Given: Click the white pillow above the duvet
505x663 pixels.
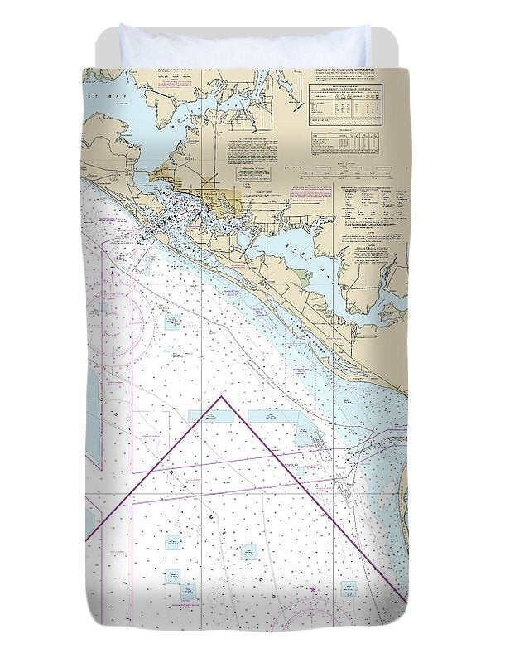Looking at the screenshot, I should pos(245,46).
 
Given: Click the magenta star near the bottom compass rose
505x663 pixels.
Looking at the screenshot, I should pos(314,589).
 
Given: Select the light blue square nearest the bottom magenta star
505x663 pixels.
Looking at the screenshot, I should pos(349,589).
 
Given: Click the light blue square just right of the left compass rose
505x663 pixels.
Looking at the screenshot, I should pos(172,322).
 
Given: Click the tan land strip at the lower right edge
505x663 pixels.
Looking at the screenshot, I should pos(404,506).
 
